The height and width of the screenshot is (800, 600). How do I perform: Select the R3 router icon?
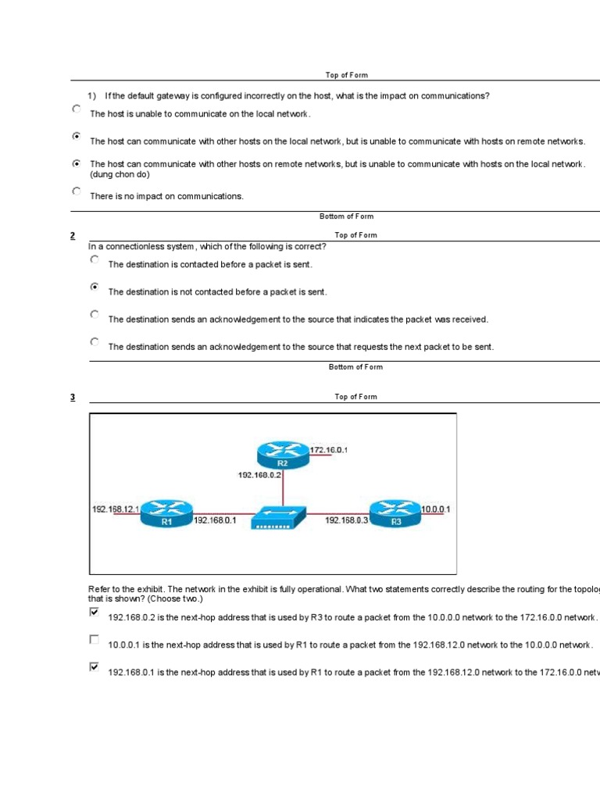(395, 513)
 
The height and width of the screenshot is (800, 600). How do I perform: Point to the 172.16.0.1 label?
(329, 450)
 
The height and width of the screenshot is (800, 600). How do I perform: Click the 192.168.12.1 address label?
(116, 509)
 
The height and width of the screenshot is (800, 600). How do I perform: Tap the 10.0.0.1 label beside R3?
(436, 509)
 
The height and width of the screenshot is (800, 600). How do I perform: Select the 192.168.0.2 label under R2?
(260, 473)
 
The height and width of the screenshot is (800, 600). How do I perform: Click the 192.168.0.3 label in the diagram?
(346, 519)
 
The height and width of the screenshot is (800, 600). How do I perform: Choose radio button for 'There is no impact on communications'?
(76, 191)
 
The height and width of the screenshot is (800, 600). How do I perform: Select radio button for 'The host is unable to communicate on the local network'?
(76, 109)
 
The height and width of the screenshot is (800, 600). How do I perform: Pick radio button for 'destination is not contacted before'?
(95, 287)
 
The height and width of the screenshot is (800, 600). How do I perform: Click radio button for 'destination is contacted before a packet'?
(95, 259)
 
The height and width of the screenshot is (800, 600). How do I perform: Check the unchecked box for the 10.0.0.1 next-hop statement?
(95, 639)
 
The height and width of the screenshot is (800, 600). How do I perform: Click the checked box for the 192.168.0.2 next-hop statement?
(95, 612)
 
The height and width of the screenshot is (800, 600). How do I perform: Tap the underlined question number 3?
(73, 397)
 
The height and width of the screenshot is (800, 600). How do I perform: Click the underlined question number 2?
(73, 235)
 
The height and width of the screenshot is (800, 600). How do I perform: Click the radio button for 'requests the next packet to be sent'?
(95, 341)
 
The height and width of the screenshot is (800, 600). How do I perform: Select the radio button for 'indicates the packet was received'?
(95, 314)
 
